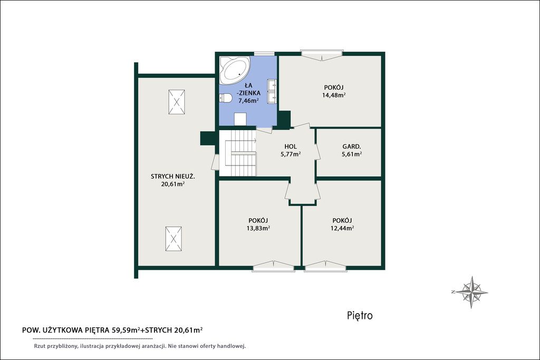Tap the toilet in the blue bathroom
(225, 99)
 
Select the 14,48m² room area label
(334, 95)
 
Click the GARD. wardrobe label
(351, 147)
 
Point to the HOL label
(291, 147)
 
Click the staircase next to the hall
(238, 153)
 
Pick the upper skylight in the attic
(177, 102)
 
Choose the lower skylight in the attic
(173, 239)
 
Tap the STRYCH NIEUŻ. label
(173, 177)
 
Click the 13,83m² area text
(258, 228)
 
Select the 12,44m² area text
(342, 228)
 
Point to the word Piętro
(360, 315)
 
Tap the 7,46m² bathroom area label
(249, 101)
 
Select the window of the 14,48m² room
(322, 53)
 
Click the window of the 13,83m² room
(274, 267)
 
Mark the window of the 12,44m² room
(325, 267)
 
